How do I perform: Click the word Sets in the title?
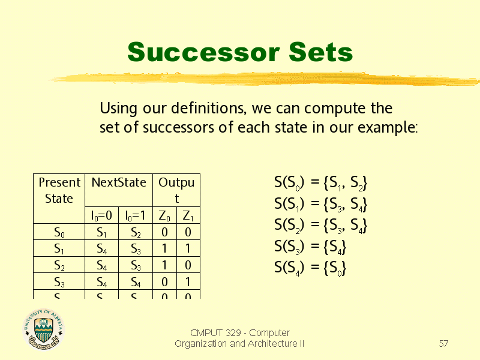pos(318,52)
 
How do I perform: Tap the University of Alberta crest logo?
pos(43,329)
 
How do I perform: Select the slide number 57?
pos(443,344)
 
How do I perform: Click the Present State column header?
pos(59,190)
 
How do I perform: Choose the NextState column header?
pos(119,182)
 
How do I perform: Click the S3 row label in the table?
pos(59,281)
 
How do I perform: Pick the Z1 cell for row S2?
pos(187,265)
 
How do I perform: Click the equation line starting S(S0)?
pos(320,182)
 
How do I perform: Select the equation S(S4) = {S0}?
pos(310,268)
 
